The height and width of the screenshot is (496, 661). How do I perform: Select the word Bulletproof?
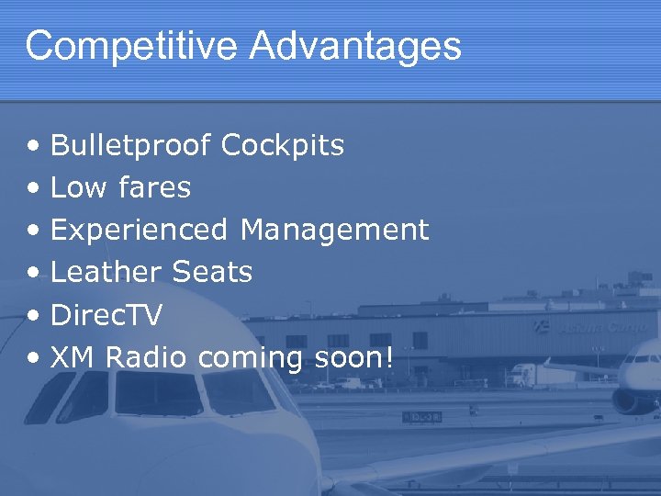130,145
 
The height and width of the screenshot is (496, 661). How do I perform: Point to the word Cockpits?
283,145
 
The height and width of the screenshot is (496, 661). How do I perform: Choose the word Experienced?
139,230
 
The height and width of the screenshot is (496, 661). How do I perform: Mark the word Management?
334,230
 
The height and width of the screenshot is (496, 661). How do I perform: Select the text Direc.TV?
106,315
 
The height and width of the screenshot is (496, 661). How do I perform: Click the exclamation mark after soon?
388,357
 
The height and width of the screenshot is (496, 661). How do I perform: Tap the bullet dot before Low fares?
33,188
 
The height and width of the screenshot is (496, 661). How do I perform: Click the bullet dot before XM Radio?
33,358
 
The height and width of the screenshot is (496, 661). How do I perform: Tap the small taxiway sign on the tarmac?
421,416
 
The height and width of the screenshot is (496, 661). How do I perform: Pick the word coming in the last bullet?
250,358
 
